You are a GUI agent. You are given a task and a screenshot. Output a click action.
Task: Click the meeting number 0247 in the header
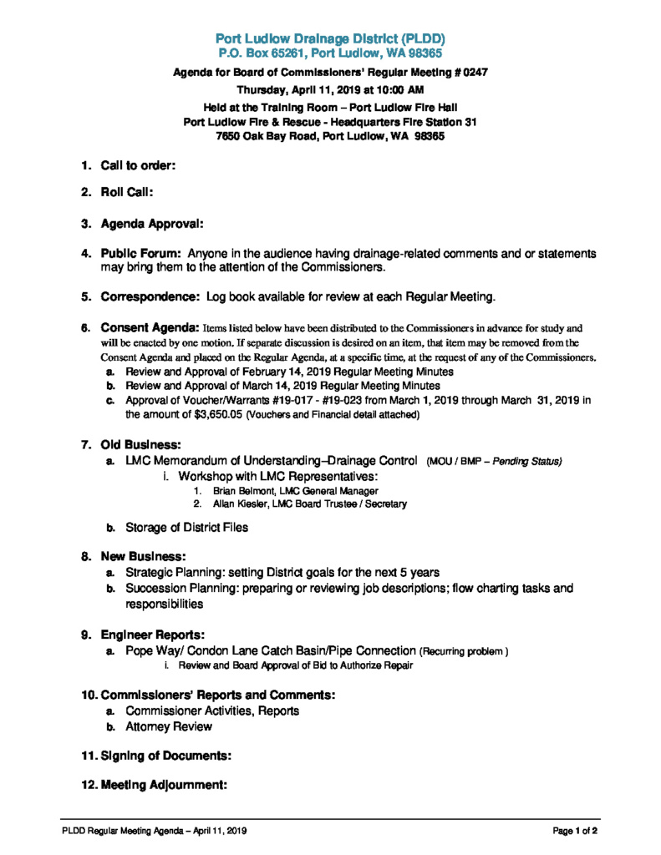(x=473, y=73)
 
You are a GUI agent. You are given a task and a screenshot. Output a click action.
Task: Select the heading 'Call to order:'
(x=138, y=165)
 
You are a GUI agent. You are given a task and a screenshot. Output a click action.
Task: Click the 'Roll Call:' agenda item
(x=126, y=192)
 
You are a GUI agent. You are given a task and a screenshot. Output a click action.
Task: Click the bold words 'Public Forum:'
(x=141, y=253)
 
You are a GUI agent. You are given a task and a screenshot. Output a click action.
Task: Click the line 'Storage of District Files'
(x=186, y=528)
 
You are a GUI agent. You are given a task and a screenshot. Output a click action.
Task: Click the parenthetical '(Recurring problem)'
(x=464, y=651)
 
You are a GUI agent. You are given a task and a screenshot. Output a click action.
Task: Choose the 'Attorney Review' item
(x=168, y=726)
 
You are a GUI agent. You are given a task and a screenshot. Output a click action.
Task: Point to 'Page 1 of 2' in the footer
(x=575, y=831)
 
